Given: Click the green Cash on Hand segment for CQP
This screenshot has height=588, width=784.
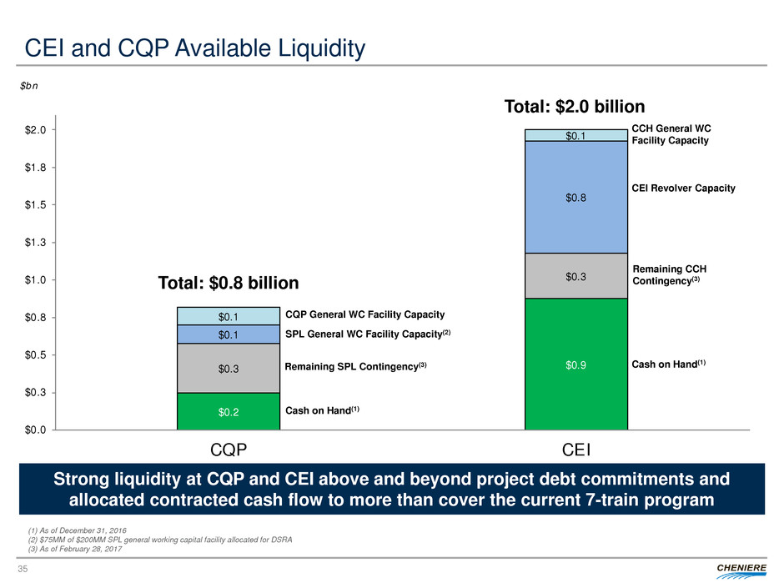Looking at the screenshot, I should coord(228,410).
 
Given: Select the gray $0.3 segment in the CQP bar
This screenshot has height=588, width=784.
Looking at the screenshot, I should coord(228,368).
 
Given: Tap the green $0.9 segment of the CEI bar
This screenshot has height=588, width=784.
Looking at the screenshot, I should coord(575,364).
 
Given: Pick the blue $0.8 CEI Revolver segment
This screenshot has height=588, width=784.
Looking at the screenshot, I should coord(575,197).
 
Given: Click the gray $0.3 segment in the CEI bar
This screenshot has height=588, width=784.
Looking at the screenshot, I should coord(575,275).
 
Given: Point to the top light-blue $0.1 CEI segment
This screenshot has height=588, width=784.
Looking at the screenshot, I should coord(575,135).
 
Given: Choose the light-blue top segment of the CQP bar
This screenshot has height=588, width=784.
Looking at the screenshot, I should coord(228,316).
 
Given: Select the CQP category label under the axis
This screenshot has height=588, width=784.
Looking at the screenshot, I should coord(228,451).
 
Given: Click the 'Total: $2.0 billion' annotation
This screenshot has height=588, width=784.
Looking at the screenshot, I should coord(575,107).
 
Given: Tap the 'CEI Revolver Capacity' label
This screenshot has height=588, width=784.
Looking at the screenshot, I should coord(684,188).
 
